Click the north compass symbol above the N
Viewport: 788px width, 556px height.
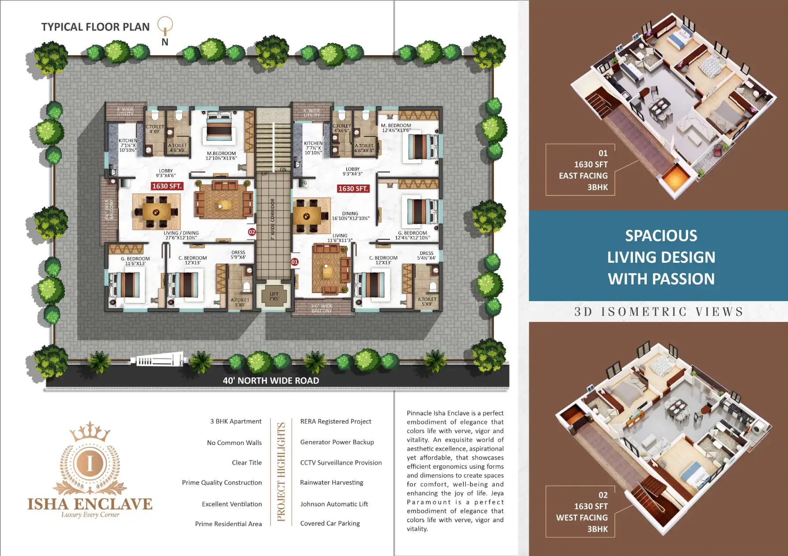165,25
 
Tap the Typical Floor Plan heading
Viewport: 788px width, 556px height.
95,27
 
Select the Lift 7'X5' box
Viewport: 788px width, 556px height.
274,296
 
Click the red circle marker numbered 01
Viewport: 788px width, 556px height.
295,262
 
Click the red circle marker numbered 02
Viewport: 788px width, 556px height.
252,232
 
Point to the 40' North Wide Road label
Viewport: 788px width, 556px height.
271,381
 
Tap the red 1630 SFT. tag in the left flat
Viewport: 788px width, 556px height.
167,186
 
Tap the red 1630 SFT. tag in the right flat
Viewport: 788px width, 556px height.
353,189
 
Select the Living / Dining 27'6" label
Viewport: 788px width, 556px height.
181,235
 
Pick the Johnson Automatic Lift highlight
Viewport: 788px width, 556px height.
334,504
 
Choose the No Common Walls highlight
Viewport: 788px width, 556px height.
234,443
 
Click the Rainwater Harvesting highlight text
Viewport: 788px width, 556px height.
331,482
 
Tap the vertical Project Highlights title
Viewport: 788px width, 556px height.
281,472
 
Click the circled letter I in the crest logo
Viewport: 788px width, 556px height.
90,463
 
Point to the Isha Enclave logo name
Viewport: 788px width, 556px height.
90,504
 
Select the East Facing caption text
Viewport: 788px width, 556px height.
583,176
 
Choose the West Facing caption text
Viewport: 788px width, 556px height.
582,518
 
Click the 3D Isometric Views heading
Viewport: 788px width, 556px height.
659,312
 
